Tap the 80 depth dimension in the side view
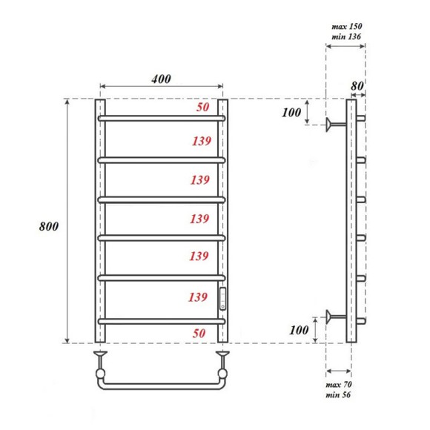point(357,86)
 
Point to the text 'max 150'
point(346,26)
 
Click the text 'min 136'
point(346,36)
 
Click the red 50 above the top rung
point(202,107)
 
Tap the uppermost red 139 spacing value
point(201,141)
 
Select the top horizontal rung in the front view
point(161,118)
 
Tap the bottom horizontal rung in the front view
point(161,320)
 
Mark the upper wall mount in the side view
point(335,123)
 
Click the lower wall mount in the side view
point(335,317)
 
